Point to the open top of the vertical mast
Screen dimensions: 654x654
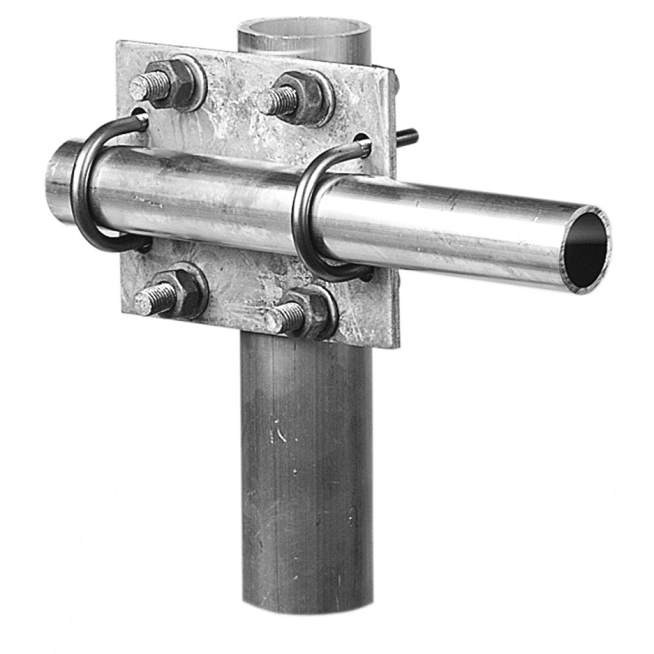[x=304, y=29]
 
